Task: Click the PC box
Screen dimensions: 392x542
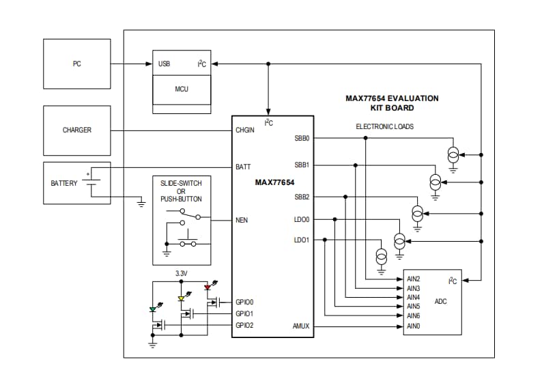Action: click(76, 64)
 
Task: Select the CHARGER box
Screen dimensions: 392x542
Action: click(76, 130)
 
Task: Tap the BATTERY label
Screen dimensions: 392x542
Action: click(64, 183)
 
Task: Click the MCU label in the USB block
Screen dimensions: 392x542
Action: click(182, 89)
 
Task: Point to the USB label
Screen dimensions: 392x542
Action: click(165, 64)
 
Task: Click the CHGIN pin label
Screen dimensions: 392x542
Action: click(245, 130)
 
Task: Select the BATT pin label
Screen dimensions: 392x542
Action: click(243, 167)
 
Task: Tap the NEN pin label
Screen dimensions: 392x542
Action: click(242, 221)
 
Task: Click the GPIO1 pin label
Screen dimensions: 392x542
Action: click(244, 313)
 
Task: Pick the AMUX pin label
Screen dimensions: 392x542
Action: click(300, 326)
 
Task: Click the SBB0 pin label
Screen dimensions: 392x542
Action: click(302, 138)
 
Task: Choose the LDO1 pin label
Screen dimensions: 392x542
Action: click(302, 240)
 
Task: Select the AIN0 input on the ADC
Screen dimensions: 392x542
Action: click(413, 326)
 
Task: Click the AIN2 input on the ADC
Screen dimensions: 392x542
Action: click(413, 279)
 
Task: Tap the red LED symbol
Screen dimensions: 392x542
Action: click(208, 288)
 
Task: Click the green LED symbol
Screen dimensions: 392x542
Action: click(153, 309)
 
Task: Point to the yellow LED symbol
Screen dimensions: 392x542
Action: click(181, 298)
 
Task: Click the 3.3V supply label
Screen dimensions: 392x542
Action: click(181, 273)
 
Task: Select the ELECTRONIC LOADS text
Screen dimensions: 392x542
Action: click(384, 126)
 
